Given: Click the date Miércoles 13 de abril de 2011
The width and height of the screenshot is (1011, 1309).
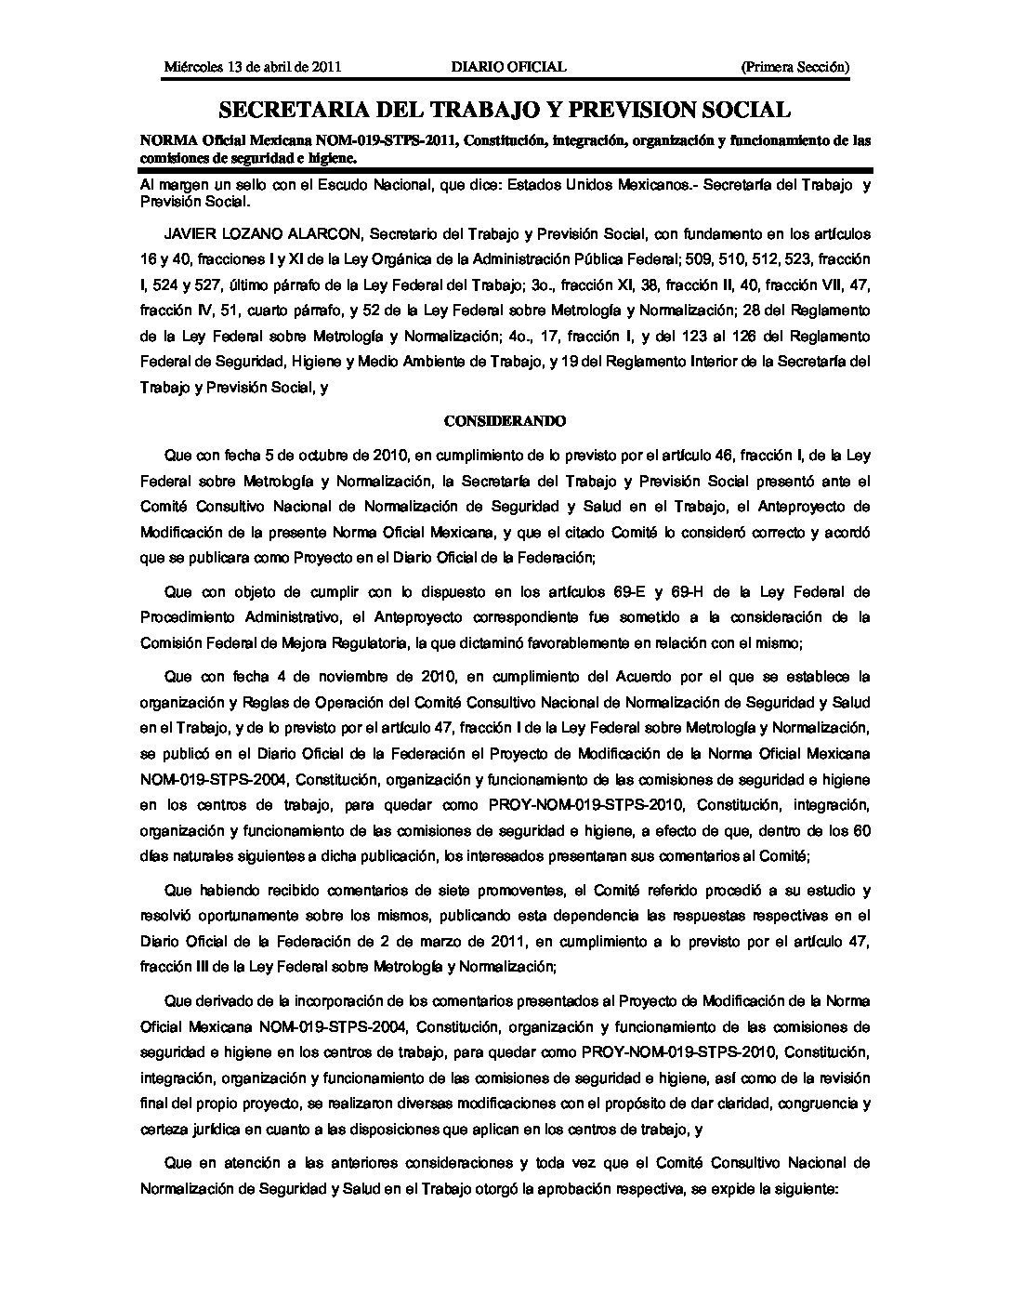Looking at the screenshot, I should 253,67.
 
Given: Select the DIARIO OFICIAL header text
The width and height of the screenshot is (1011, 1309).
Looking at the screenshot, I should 508,67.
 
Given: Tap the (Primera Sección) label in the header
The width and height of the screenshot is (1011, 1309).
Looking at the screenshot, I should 795,67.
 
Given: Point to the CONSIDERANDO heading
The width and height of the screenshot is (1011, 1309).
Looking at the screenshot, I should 505,421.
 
